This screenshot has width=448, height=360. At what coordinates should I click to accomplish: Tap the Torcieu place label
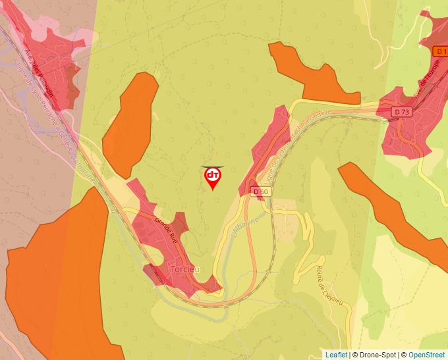pos(185,270)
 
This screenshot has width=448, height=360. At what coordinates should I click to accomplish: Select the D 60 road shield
pos(261,192)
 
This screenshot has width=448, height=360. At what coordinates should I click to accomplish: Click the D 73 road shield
pos(402,112)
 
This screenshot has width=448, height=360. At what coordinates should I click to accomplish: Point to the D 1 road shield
pos(441,51)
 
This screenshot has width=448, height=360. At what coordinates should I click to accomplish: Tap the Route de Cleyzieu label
pos(329,284)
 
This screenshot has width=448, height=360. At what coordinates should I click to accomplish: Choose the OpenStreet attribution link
pos(428,355)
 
